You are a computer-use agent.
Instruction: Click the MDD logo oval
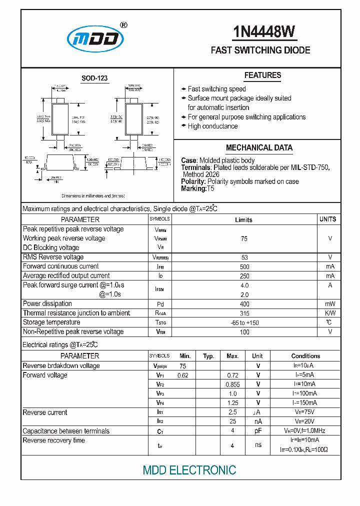(95, 38)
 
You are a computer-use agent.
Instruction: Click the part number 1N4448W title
(264, 32)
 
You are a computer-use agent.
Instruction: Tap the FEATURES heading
(262, 75)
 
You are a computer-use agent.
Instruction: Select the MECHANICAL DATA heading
(259, 148)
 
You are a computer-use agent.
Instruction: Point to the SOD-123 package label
(94, 78)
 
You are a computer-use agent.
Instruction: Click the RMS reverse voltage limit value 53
(244, 257)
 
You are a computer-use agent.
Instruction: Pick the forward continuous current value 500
(244, 266)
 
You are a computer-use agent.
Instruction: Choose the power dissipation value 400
(244, 304)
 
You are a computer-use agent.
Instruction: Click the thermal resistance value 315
(244, 313)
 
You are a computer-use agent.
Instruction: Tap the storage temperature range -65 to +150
(244, 323)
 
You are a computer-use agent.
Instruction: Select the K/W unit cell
(330, 313)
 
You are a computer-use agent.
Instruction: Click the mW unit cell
(330, 304)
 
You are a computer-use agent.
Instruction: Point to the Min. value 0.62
(182, 375)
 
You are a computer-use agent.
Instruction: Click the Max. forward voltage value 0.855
(232, 384)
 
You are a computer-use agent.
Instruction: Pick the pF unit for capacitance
(257, 431)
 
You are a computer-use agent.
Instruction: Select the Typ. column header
(208, 356)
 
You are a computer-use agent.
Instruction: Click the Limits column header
(244, 220)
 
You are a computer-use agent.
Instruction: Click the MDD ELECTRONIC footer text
(189, 470)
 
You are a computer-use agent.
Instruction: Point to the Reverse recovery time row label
(54, 440)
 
